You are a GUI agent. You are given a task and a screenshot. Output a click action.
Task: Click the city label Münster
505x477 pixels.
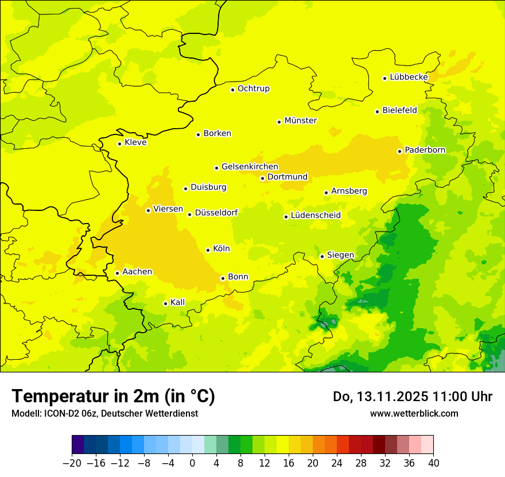coord(301,121)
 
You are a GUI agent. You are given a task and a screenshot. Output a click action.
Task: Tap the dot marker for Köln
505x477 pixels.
coord(208,250)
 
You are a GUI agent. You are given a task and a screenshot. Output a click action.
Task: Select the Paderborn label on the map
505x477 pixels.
coord(425,150)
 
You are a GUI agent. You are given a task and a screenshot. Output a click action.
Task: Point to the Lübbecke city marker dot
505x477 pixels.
coord(385,78)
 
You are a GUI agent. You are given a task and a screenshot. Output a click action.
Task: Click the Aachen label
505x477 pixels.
coord(137,272)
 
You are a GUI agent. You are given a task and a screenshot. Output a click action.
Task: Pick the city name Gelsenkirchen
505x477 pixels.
coord(250,167)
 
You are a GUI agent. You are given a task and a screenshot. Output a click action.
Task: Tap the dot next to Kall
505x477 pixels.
coord(165,303)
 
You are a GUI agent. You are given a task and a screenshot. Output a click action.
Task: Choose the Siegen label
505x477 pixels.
coord(340,255)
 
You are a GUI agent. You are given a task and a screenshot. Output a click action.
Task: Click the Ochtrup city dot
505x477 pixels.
coord(232,90)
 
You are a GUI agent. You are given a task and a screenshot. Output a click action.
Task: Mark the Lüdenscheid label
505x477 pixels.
coord(316,216)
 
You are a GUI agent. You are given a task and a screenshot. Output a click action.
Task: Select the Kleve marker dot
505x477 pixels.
coord(119,144)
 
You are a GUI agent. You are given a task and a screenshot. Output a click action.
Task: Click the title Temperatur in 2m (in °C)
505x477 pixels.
coord(113,397)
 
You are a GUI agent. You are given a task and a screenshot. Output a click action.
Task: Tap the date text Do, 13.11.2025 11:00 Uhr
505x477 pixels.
coord(412,397)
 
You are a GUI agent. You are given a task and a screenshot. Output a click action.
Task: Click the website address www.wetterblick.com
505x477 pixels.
coord(414,413)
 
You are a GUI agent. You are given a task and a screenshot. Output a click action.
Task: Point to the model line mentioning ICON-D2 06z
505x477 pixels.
coord(104,413)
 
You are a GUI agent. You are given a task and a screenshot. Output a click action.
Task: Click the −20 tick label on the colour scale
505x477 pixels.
coord(72,463)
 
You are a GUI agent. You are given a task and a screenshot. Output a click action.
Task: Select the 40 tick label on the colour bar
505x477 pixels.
coord(433,463)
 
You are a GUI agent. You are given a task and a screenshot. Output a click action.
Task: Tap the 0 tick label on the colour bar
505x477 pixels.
coord(192,463)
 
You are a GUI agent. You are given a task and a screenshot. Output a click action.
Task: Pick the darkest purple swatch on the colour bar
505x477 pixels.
coord(77,445)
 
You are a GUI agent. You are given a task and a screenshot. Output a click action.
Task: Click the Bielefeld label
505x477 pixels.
coord(399,110)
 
